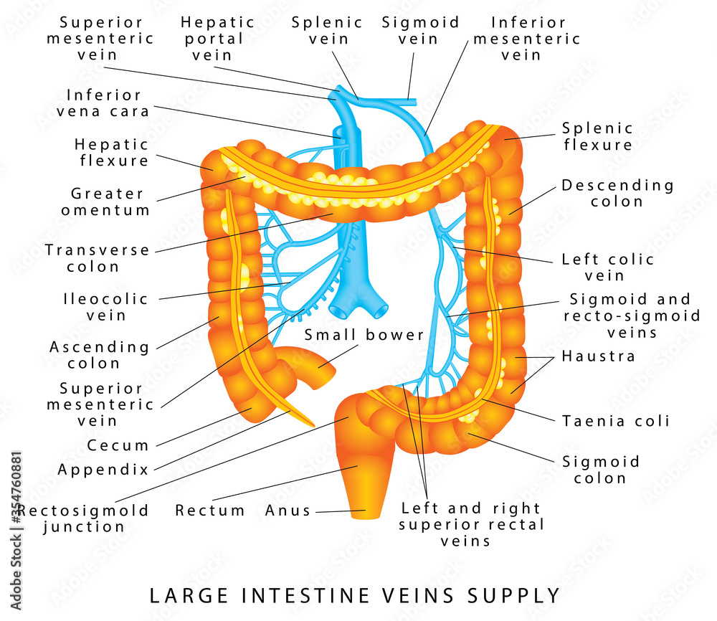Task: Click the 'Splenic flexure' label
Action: pos(597,136)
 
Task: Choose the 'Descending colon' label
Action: pos(617,193)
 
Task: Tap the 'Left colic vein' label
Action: pos(607,267)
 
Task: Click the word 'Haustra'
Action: pos(598,356)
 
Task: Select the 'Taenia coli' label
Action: pos(616,420)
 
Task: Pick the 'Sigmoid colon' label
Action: pos(600,470)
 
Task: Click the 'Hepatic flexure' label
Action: pos(112,152)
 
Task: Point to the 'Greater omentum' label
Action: pos(105,202)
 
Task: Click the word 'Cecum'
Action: pos(118,445)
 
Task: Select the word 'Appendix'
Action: pos(103,470)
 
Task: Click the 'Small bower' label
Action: pos(364,335)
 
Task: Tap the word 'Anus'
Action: pos(288,511)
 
